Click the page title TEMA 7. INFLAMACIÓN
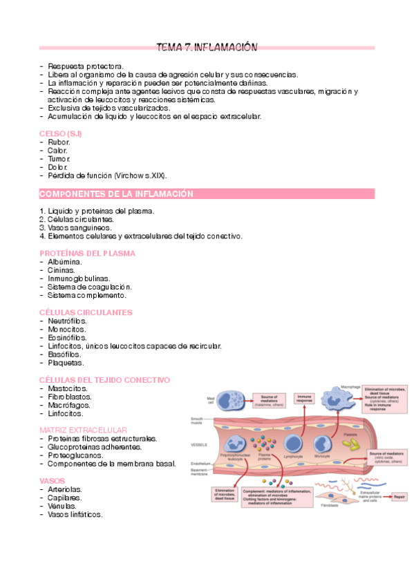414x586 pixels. tap(207, 48)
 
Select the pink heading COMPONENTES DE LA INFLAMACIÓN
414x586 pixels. tap(116, 194)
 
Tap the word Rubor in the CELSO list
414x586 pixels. tap(59, 142)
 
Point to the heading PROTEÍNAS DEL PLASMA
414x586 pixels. tap(87, 253)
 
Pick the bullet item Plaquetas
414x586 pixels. tap(66, 362)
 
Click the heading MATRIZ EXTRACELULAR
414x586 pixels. tap(84, 430)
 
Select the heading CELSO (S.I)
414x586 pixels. tap(61, 133)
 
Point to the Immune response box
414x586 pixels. tap(305, 399)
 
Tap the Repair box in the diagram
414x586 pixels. tap(399, 496)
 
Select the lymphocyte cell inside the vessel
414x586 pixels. tap(292, 444)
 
